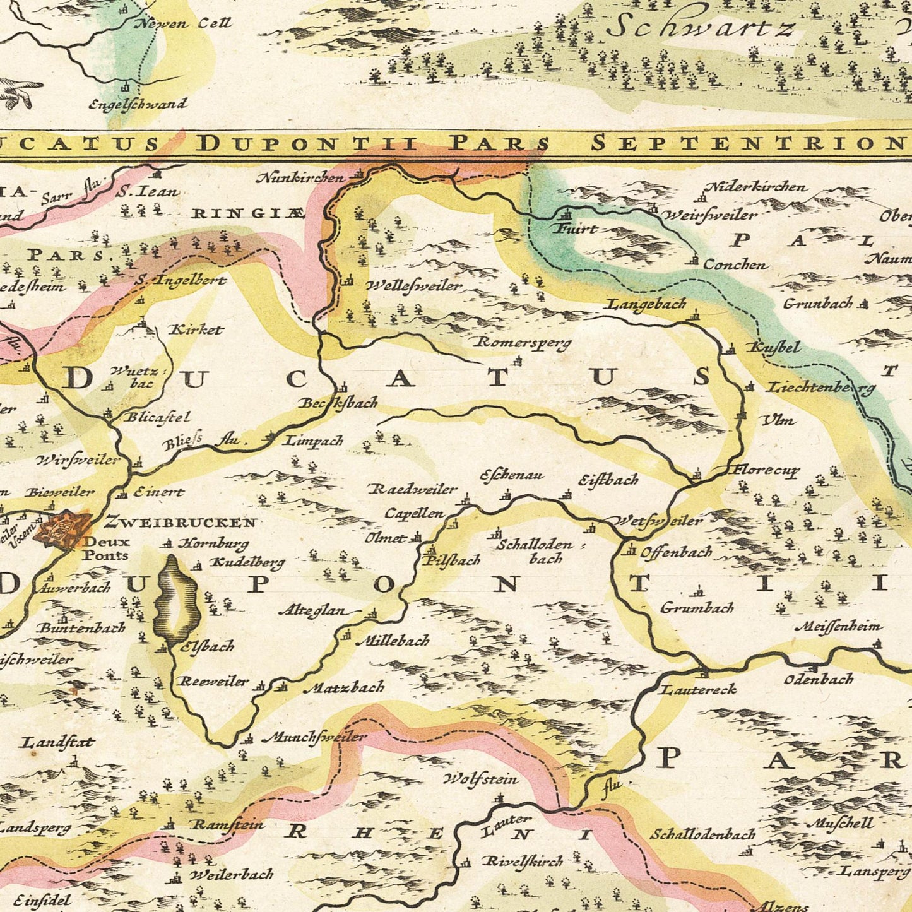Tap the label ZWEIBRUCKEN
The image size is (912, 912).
[x=181, y=522]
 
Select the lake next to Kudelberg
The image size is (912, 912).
[x=177, y=598]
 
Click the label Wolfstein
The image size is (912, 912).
[x=481, y=779]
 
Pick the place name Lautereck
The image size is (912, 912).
[x=698, y=689]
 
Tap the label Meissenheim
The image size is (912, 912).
[x=838, y=627]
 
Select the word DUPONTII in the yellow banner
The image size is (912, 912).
[x=308, y=144]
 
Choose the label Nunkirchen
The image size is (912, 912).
[x=300, y=178]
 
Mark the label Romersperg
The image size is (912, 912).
[x=523, y=343]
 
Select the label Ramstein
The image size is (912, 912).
[x=228, y=824]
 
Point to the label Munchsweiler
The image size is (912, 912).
[x=318, y=737]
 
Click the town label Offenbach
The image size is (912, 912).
[x=676, y=552]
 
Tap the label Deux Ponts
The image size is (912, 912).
[x=106, y=548]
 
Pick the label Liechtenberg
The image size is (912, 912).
[x=822, y=388]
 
